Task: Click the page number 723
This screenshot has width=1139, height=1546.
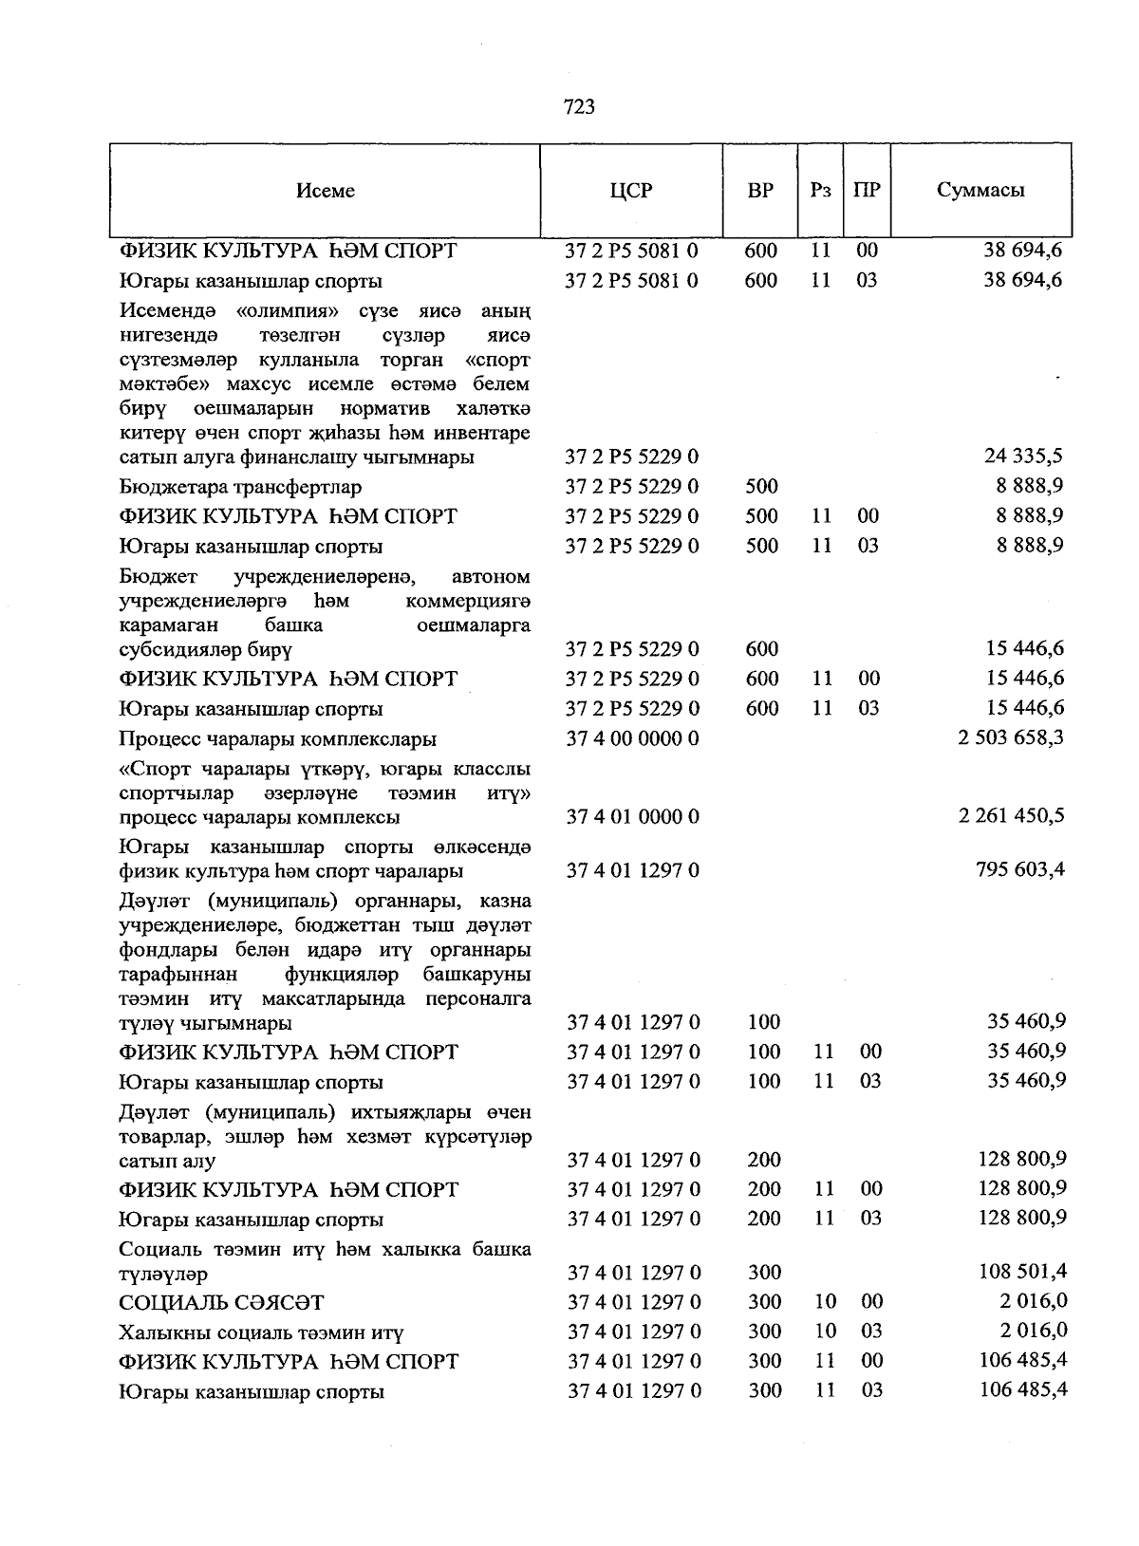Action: tap(579, 107)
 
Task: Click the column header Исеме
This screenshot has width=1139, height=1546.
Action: tap(326, 191)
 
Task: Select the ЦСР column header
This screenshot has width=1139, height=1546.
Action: tap(631, 190)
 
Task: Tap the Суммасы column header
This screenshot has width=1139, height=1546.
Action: tap(980, 190)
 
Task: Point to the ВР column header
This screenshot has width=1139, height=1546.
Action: tap(760, 190)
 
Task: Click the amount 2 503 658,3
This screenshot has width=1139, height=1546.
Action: tap(1011, 737)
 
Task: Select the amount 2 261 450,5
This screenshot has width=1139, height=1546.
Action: tap(1011, 815)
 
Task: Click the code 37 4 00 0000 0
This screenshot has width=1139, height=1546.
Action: tap(632, 738)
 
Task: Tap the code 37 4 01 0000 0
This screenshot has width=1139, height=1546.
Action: tap(632, 816)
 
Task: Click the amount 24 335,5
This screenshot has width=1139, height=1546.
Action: tap(1023, 456)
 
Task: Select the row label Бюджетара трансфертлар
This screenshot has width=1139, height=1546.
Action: tap(240, 487)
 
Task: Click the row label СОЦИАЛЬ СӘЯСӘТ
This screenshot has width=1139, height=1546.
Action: tap(221, 1302)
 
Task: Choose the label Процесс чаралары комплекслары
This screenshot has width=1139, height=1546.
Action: tap(278, 738)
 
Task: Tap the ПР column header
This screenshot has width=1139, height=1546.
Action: tap(867, 190)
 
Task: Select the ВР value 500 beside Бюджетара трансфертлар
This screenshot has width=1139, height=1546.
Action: tap(761, 486)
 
